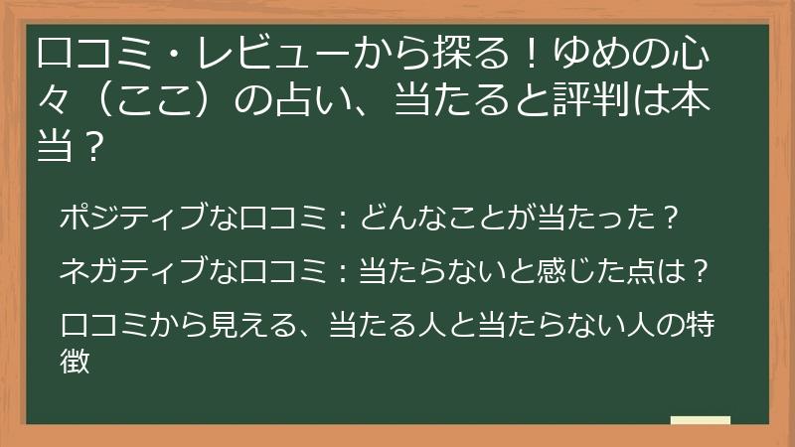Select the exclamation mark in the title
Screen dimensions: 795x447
pos(531,55)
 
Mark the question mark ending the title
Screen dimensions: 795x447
pos(93,147)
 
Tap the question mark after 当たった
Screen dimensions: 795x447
pos(670,218)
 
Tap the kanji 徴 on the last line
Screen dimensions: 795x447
pos(75,361)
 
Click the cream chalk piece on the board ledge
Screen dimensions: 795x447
pos(701,420)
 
